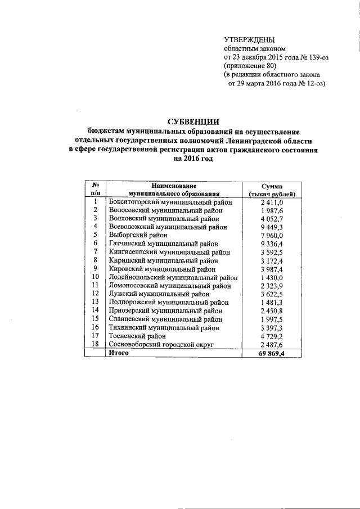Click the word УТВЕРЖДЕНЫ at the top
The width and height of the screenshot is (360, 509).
pyautogui.click(x=249, y=40)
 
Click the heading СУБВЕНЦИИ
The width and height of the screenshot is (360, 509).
pyautogui.click(x=193, y=123)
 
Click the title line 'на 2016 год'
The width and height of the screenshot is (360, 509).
pyautogui.click(x=193, y=159)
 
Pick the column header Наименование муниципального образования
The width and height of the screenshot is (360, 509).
pyautogui.click(x=173, y=190)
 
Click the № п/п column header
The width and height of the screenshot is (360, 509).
pyautogui.click(x=96, y=190)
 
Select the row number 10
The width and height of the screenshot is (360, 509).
pyautogui.click(x=96, y=277)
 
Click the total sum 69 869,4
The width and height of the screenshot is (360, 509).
pyautogui.click(x=272, y=353)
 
